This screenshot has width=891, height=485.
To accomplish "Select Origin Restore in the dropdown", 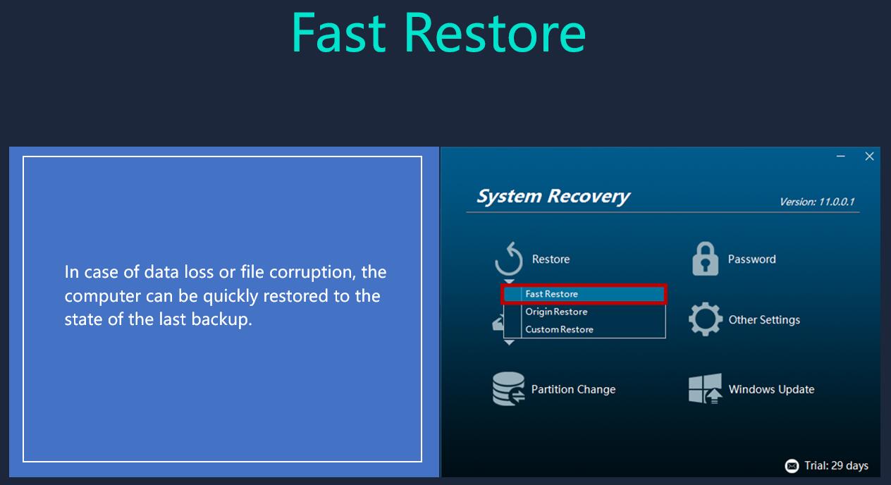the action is [556, 312].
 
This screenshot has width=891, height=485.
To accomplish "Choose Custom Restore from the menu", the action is [559, 329].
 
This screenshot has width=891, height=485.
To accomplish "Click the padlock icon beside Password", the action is [705, 259].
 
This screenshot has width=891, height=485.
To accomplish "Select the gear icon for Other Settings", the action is [705, 319].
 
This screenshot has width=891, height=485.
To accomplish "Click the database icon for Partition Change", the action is [509, 388].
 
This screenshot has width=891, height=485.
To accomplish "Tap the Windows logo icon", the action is [705, 388].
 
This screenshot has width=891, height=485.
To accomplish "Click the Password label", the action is [751, 259].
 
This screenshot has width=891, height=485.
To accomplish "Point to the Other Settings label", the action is [764, 320].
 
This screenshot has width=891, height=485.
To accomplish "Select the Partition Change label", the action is [573, 389].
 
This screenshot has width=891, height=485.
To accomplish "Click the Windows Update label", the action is [771, 389].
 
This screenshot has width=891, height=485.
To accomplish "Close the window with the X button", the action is [870, 156].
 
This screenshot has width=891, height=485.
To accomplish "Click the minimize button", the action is [840, 156].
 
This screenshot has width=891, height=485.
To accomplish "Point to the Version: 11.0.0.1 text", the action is [817, 202].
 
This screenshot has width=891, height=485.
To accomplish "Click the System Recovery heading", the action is [553, 197].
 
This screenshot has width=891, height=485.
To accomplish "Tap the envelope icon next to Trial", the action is [792, 466].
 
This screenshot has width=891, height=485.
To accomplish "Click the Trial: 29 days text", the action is [836, 466].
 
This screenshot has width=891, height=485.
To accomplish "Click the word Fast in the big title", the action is [338, 32].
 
